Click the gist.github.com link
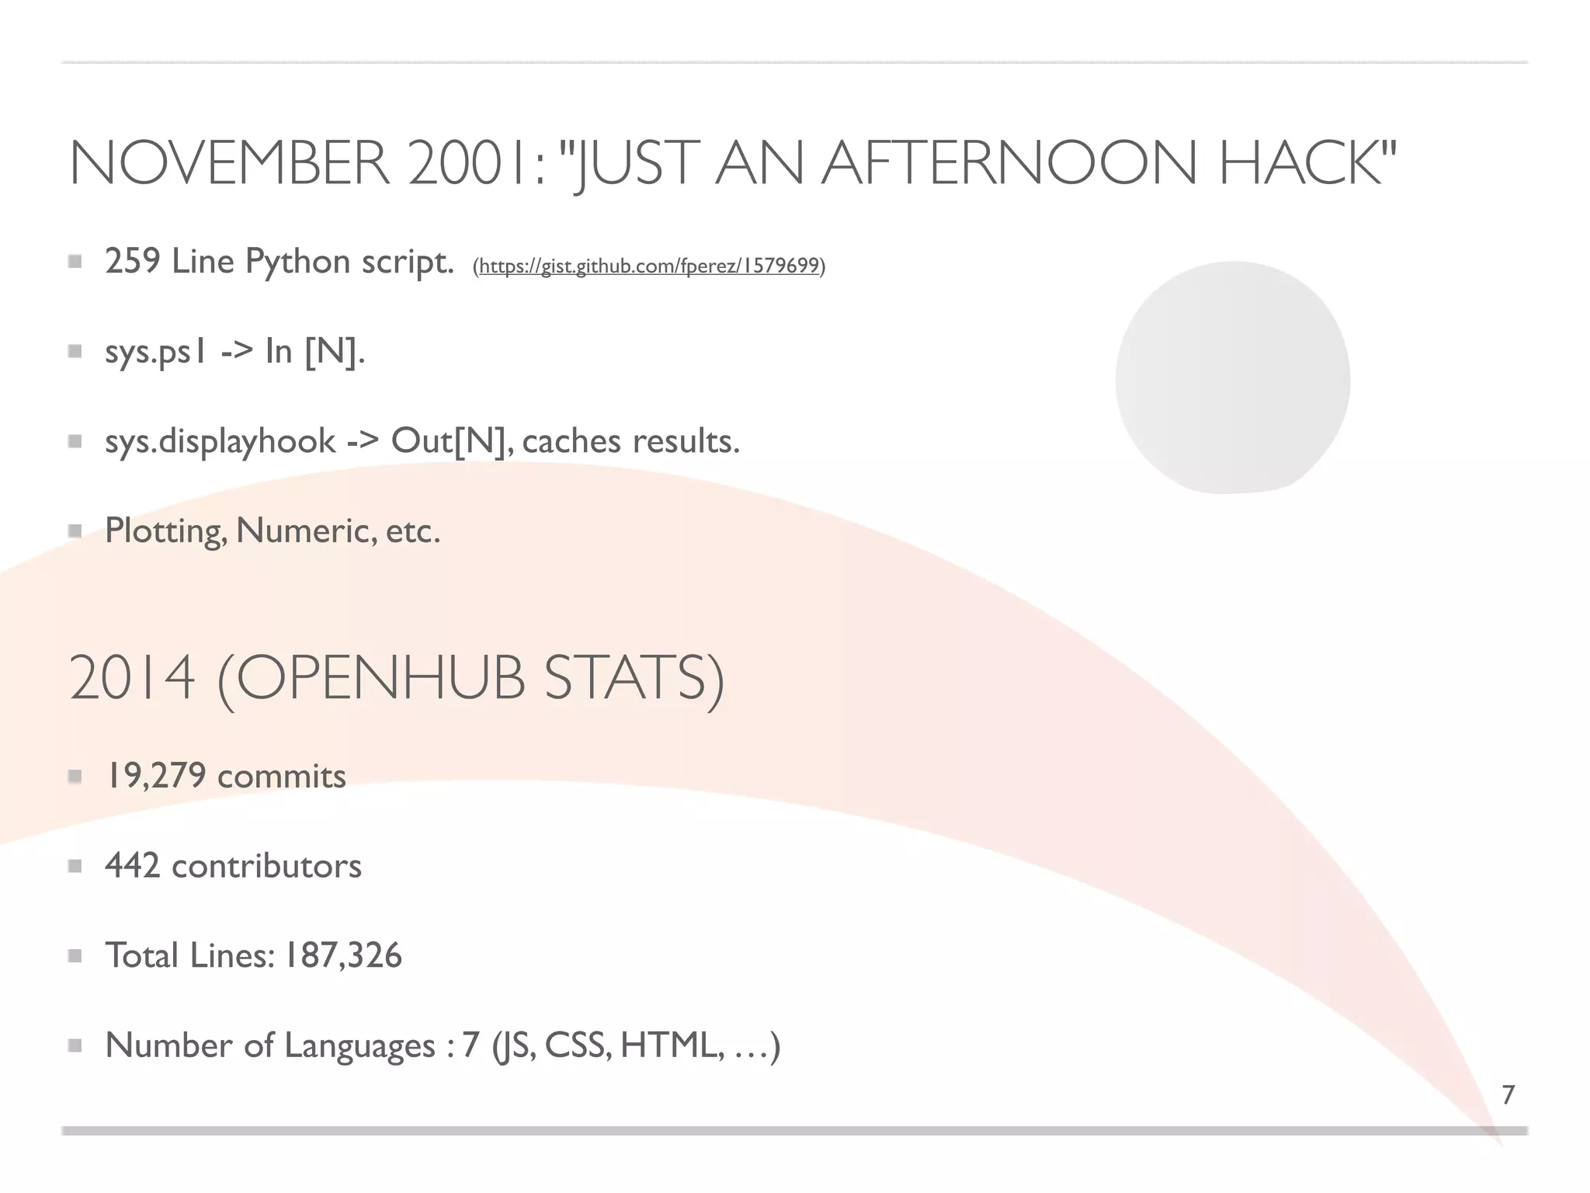[x=649, y=266]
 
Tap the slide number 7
[x=1508, y=1095]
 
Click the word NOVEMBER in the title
[x=230, y=164]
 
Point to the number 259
[x=133, y=261]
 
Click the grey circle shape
[x=1233, y=377]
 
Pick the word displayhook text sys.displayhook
[x=247, y=442]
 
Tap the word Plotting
[x=165, y=532]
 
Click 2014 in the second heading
[x=132, y=679]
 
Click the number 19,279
[x=156, y=776]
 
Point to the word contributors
[x=266, y=866]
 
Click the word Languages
[x=359, y=1046]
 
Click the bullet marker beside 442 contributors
[x=75, y=866]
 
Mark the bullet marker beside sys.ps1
[x=75, y=352]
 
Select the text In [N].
[x=314, y=352]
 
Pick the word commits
[x=282, y=776]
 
